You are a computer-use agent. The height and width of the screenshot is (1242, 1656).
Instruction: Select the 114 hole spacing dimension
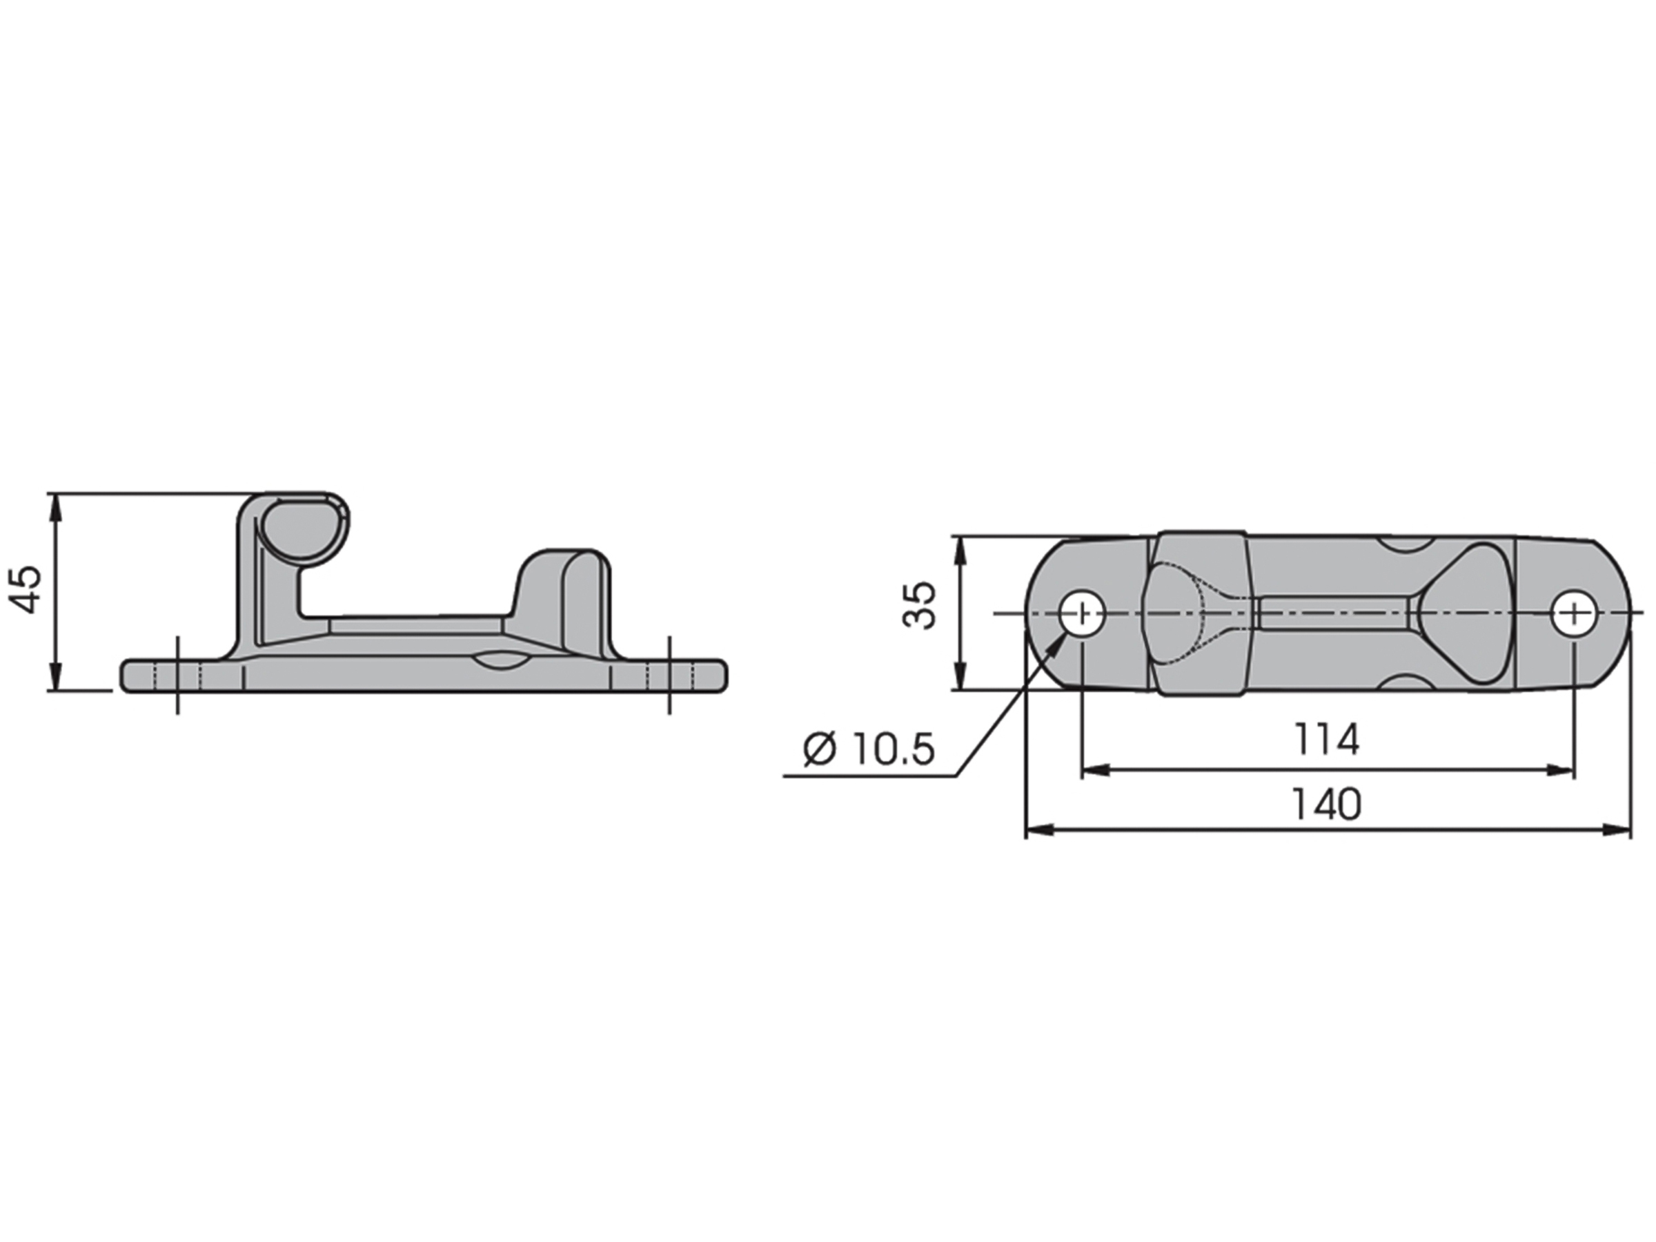pyautogui.click(x=1327, y=739)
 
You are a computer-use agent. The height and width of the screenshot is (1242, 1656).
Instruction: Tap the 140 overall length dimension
pyautogui.click(x=1328, y=804)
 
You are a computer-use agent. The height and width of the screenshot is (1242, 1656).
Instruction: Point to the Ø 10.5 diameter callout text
pyautogui.click(x=869, y=749)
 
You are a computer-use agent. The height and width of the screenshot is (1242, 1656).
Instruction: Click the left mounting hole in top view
pyautogui.click(x=1083, y=614)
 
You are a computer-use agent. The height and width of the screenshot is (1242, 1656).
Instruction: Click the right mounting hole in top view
pyautogui.click(x=1574, y=614)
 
